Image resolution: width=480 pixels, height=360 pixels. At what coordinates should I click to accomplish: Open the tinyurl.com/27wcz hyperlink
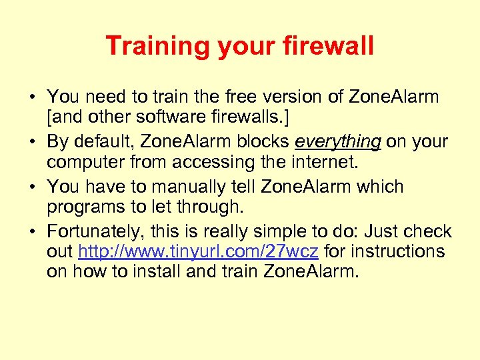click(199, 251)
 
